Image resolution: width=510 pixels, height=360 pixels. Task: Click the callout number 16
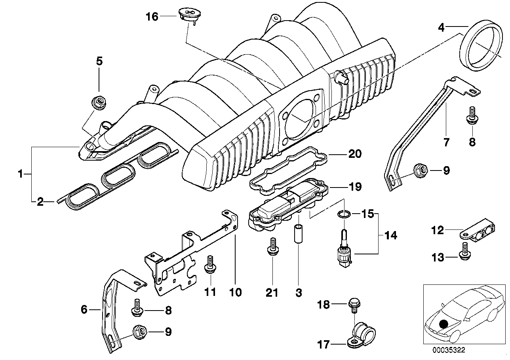point(152,17)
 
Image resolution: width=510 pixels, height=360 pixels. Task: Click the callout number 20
point(355,154)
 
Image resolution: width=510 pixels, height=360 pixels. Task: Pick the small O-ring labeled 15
point(344,214)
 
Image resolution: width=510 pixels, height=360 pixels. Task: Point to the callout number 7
point(446,142)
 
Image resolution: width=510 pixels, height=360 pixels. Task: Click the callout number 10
point(236,292)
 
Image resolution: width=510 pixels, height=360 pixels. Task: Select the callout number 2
point(40,203)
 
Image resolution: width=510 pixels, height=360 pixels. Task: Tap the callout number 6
point(84,310)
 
